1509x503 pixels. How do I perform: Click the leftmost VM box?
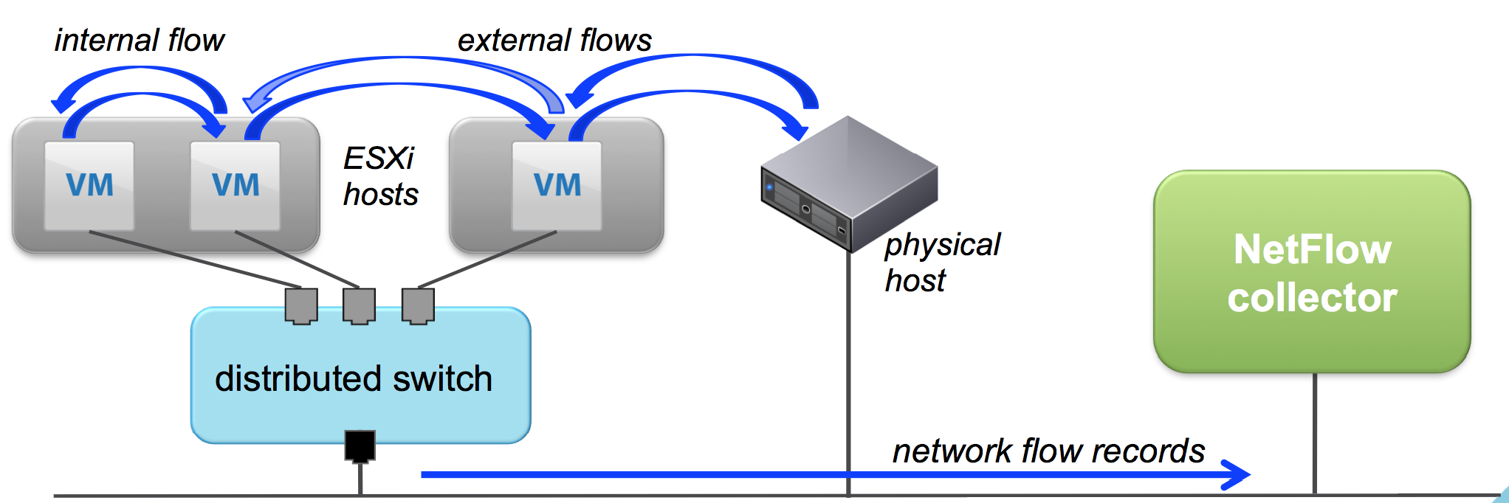(x=89, y=186)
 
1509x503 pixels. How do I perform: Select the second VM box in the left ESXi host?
(x=235, y=186)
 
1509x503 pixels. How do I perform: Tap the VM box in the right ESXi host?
(x=557, y=186)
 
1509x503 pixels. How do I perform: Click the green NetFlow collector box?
(x=1312, y=272)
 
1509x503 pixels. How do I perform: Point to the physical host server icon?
(x=849, y=184)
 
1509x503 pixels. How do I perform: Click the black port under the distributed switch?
(x=360, y=445)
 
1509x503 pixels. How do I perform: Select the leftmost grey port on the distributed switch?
(x=301, y=305)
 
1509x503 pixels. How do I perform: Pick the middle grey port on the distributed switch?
(x=360, y=305)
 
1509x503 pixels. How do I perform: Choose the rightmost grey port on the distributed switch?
(x=418, y=305)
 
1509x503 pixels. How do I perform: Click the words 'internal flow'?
(x=139, y=41)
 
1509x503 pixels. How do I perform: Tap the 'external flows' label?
(x=554, y=41)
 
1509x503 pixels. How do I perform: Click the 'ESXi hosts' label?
(x=380, y=177)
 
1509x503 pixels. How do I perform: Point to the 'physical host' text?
(x=941, y=263)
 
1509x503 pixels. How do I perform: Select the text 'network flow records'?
(x=1048, y=451)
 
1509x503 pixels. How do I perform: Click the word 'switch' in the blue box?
(x=442, y=378)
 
